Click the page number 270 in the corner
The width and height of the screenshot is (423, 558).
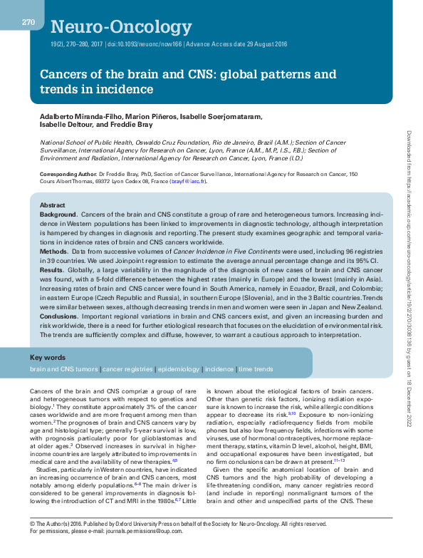28,22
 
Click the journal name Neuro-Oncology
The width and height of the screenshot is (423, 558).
117,27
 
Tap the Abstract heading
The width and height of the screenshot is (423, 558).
52,205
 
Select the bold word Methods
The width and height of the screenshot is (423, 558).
54,252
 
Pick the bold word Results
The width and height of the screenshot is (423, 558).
53,271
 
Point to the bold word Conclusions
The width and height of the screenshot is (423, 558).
58,317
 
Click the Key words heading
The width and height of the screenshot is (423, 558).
48,357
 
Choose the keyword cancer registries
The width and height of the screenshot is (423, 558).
128,370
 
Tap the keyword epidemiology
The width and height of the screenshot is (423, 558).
179,370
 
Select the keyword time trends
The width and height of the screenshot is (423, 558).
256,370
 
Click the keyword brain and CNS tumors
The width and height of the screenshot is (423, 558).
63,370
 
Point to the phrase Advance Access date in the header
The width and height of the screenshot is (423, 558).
214,43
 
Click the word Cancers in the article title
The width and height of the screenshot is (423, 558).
63,74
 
